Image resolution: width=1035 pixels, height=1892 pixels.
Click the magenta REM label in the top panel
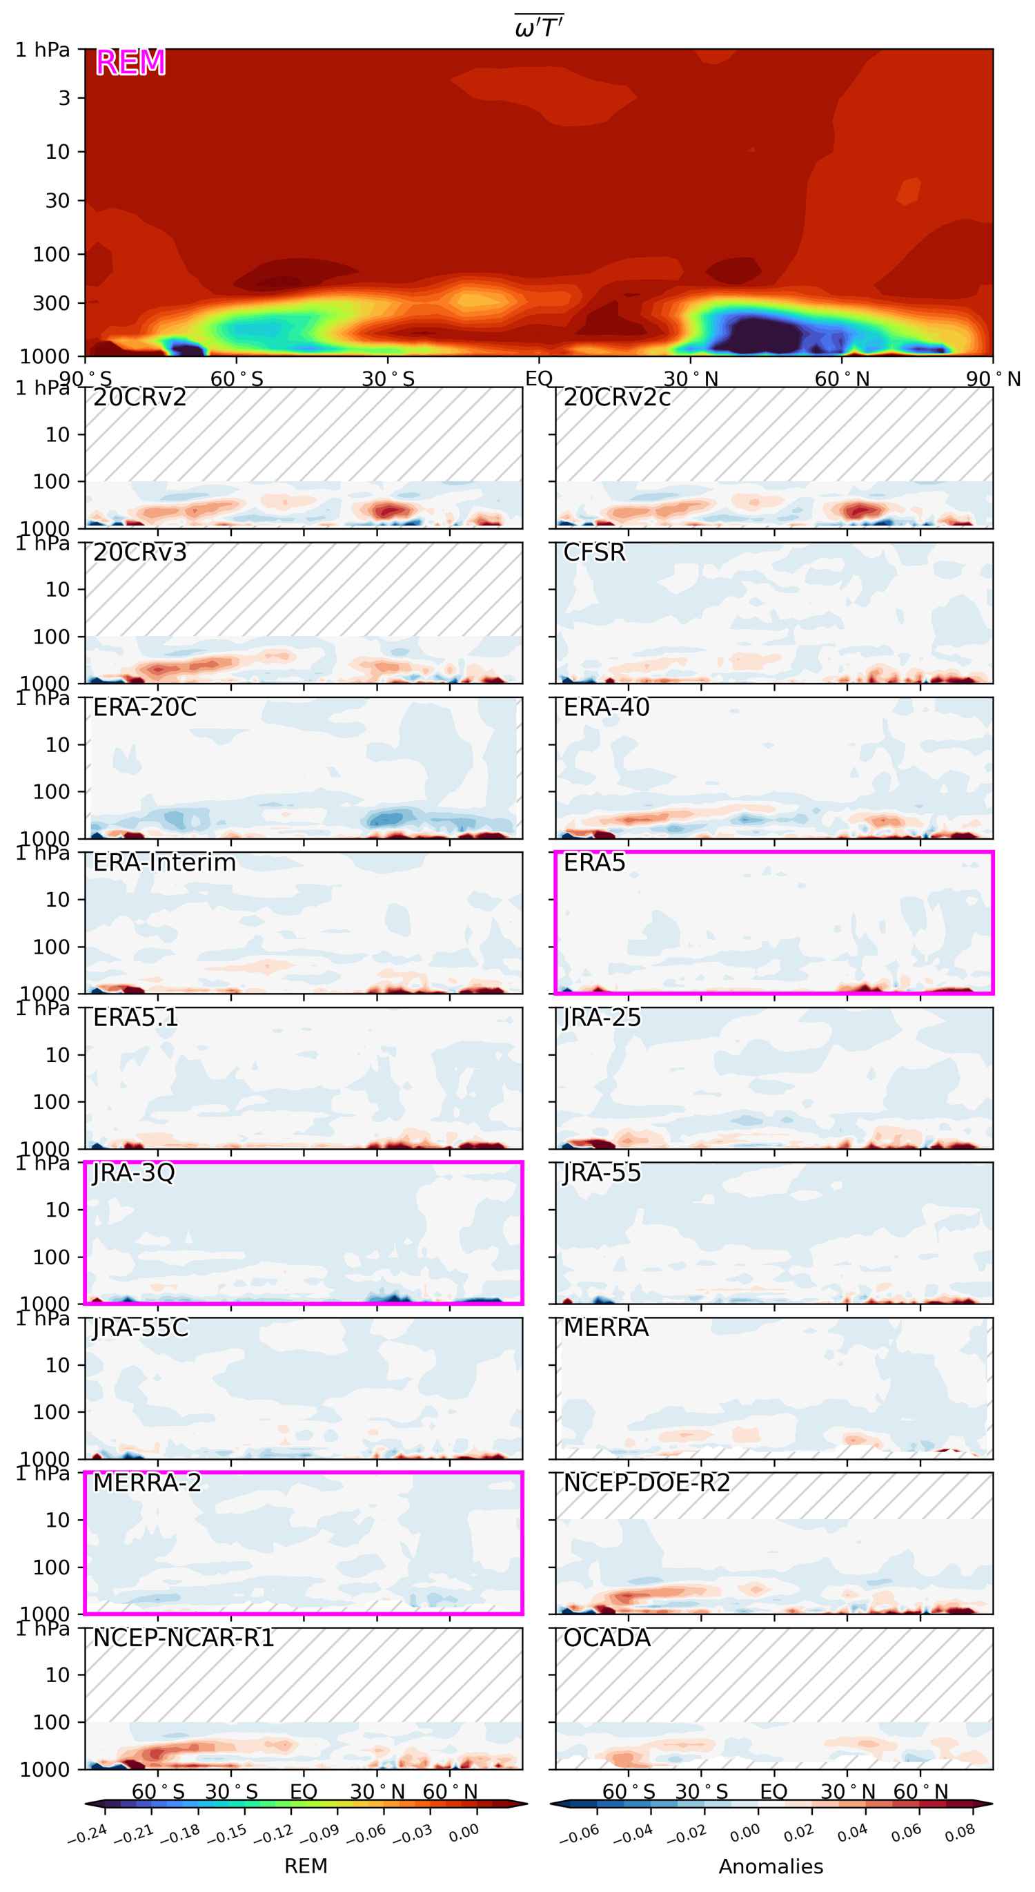click(x=130, y=62)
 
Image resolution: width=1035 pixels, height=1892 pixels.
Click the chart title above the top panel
click(x=539, y=27)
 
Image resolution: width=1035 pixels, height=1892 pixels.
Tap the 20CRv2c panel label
click(x=617, y=397)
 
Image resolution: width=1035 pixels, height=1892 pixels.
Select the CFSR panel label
click(x=594, y=552)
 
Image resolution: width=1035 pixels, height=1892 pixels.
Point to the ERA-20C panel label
click(x=145, y=707)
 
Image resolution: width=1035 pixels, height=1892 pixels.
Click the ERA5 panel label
click(x=594, y=862)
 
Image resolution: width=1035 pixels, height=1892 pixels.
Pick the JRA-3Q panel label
click(x=134, y=1172)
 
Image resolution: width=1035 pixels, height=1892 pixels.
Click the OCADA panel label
click(x=607, y=1637)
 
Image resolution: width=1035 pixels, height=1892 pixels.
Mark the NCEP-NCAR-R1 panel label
click(x=184, y=1637)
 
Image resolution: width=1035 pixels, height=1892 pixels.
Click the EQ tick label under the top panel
click(x=539, y=379)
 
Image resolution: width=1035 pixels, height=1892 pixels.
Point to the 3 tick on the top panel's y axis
click(x=65, y=97)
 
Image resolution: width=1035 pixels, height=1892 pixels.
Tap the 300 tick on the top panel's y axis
click(x=50, y=302)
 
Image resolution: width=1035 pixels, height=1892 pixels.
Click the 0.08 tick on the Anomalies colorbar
click(x=960, y=1833)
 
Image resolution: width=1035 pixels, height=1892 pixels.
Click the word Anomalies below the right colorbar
click(x=771, y=1866)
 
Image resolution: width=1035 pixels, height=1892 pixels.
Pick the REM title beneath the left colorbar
click(x=306, y=1866)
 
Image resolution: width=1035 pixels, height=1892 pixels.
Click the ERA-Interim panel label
click(x=164, y=862)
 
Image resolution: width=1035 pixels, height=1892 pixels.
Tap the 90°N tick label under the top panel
click(x=992, y=379)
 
